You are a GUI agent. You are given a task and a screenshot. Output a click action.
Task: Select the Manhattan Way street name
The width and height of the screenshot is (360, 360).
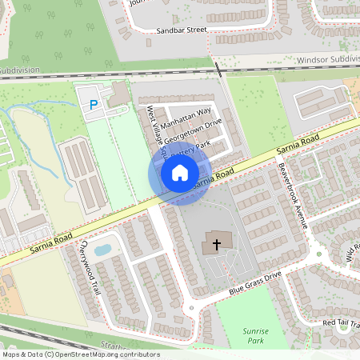tap(185, 116)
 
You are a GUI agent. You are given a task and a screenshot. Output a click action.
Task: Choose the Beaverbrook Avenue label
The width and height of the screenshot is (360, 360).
tap(293, 195)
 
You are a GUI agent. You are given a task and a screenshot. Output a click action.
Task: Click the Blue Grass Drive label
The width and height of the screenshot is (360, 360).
tap(255, 281)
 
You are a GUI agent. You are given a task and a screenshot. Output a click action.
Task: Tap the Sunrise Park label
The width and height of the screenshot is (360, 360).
tap(254, 335)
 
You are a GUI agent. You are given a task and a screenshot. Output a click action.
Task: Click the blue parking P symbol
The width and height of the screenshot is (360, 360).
tap(94, 104)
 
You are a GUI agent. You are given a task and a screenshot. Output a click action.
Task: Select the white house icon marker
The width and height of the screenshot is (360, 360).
tap(180, 173)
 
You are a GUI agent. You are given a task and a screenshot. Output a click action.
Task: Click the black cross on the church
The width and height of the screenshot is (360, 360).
tap(215, 244)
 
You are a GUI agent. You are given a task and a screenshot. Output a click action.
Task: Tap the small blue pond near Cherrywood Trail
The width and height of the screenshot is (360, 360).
tap(102, 250)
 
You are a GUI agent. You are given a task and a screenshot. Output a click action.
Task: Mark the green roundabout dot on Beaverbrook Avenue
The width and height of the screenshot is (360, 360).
tap(318, 255)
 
